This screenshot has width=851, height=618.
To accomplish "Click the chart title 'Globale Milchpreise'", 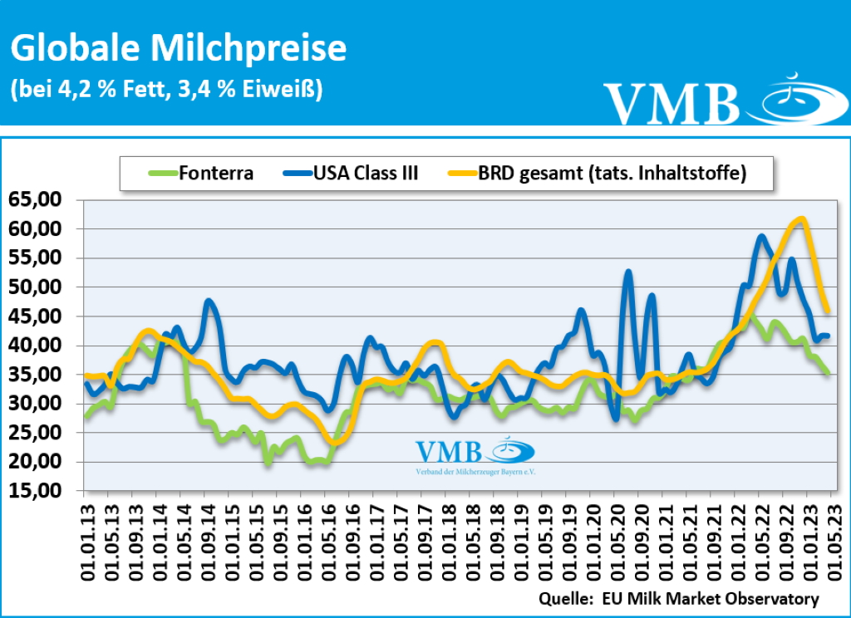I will (x=178, y=49).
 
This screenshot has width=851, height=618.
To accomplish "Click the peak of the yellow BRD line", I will (x=800, y=218).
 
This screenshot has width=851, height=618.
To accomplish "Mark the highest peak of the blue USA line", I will (x=761, y=237).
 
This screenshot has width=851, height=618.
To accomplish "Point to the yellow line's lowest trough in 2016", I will (x=334, y=442).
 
